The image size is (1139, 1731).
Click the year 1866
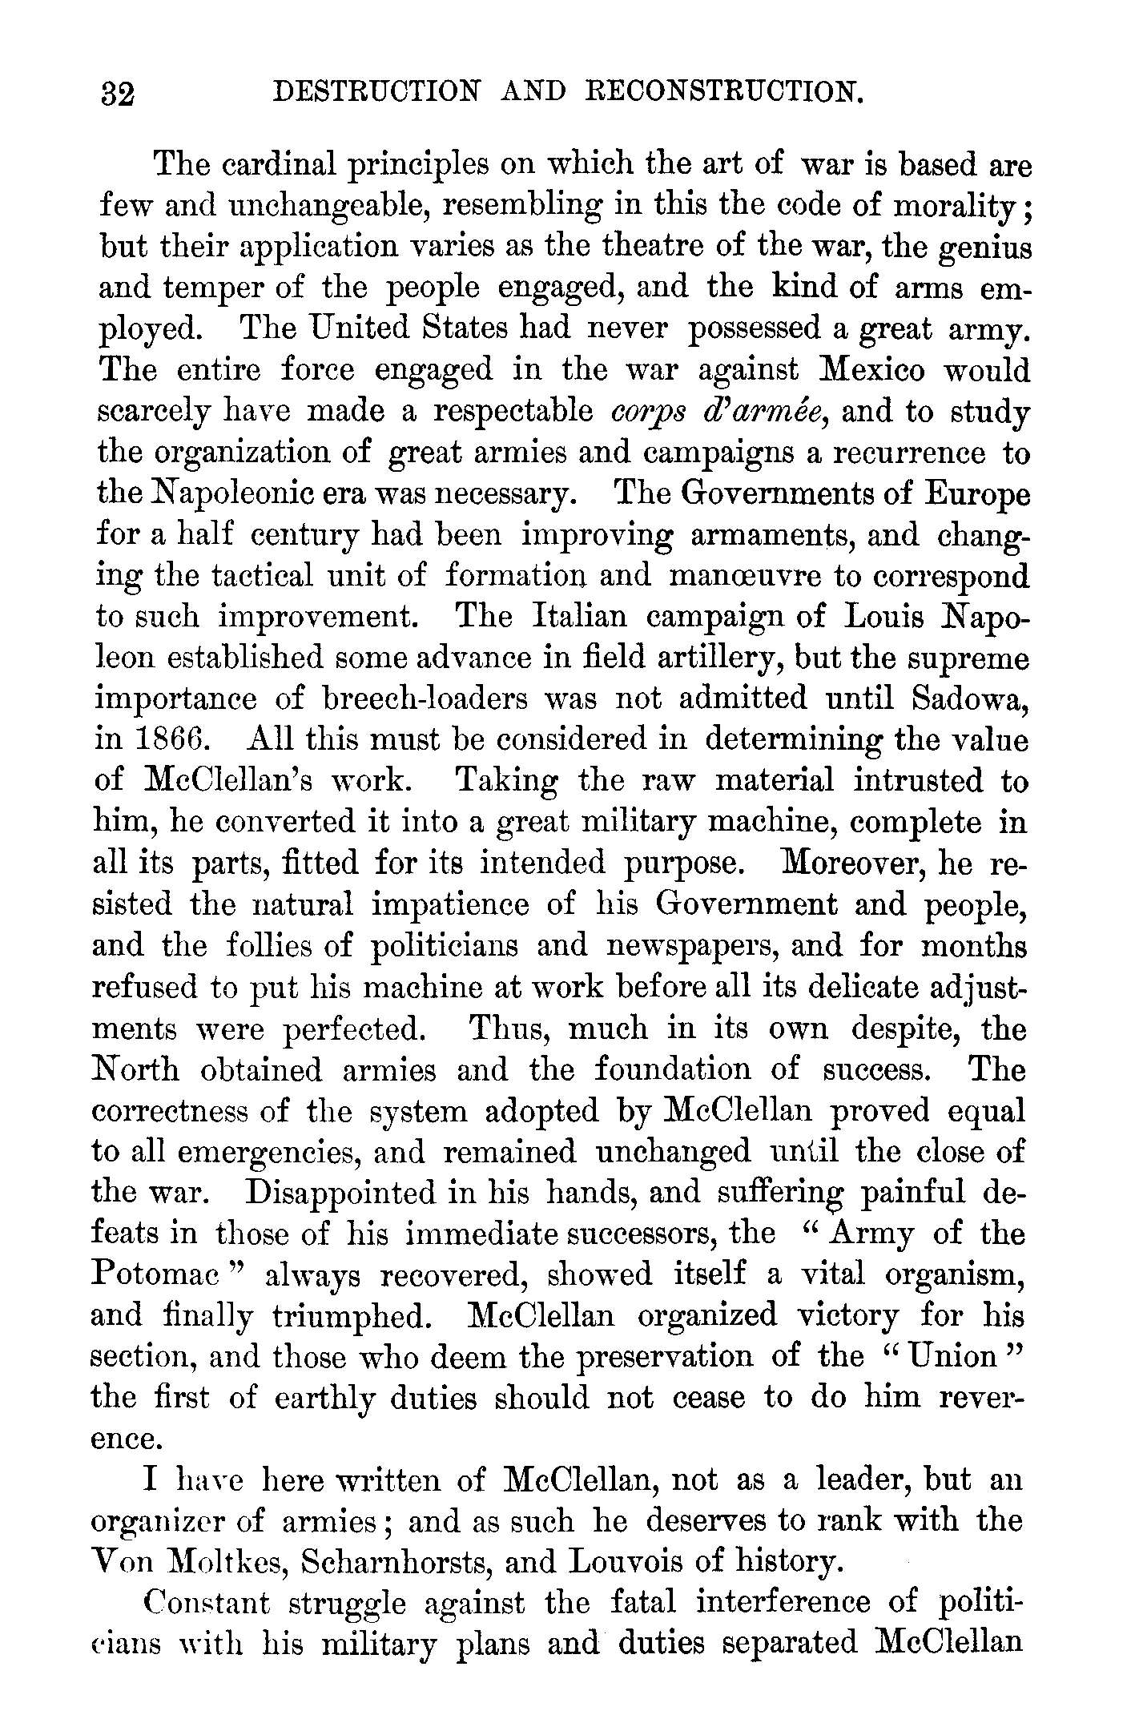171,740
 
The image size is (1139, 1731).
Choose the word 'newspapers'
692,946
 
